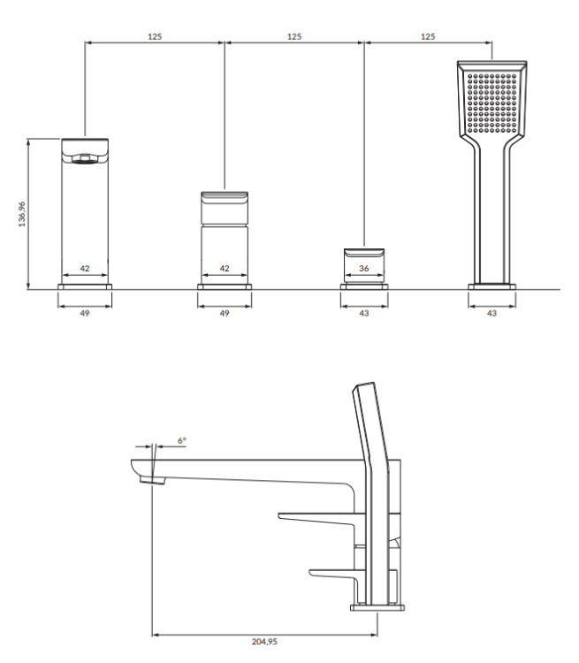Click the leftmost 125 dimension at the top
pyautogui.click(x=155, y=36)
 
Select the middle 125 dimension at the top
pyautogui.click(x=294, y=36)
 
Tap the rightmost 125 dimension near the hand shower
pyautogui.click(x=429, y=36)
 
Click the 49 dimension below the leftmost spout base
pyautogui.click(x=86, y=312)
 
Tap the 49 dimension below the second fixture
pyautogui.click(x=225, y=312)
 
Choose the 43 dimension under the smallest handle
pyautogui.click(x=364, y=312)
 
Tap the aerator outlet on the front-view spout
pyautogui.click(x=85, y=159)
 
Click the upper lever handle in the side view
pyautogui.click(x=318, y=515)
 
